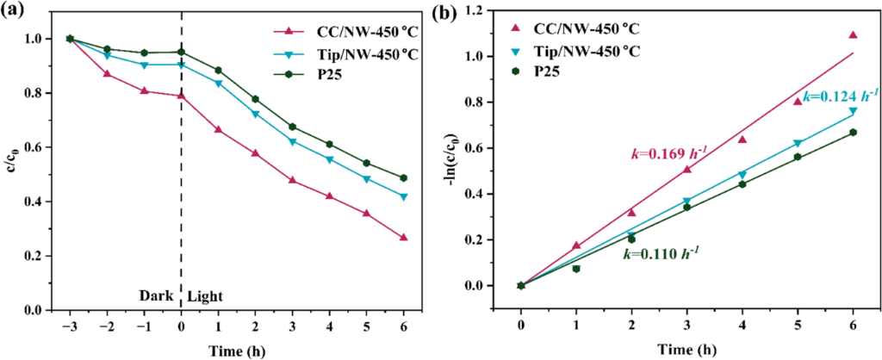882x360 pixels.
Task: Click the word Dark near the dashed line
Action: coord(158,296)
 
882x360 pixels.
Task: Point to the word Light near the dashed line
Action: coord(205,296)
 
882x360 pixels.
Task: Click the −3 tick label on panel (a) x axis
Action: coord(69,326)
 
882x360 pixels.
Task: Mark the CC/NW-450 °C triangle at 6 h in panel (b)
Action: coord(853,35)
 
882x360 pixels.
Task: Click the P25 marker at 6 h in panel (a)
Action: coord(427,178)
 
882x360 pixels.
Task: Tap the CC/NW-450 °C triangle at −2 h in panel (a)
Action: coord(107,74)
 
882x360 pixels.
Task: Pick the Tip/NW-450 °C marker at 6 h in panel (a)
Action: coord(427,196)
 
